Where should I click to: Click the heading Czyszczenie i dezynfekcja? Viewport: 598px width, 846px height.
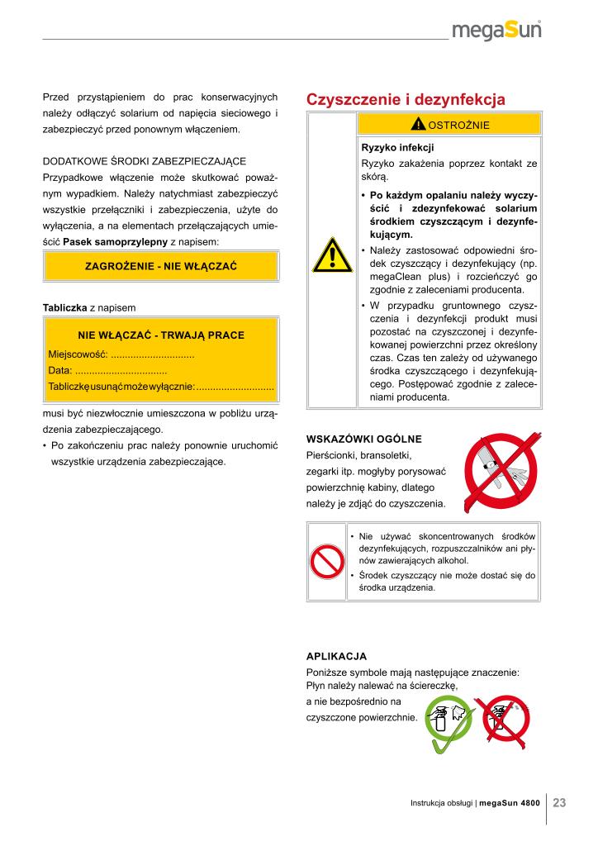(x=406, y=100)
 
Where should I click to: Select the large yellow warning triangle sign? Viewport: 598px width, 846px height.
(x=330, y=254)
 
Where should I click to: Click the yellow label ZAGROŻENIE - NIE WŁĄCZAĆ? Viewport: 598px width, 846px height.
(x=161, y=266)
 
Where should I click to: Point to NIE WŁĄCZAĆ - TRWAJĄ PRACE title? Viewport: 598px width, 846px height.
(x=161, y=335)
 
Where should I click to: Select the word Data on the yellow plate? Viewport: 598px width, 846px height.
(x=59, y=370)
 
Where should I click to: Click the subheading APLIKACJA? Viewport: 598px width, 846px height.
(x=336, y=656)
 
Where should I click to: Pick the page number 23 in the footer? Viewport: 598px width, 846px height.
(x=559, y=802)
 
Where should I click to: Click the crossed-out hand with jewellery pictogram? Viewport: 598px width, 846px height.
(x=496, y=473)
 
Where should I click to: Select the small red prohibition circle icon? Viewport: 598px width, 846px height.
(x=327, y=562)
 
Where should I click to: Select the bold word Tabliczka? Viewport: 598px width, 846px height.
(x=64, y=307)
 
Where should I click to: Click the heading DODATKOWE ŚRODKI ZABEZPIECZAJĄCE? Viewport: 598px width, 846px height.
(x=145, y=161)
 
